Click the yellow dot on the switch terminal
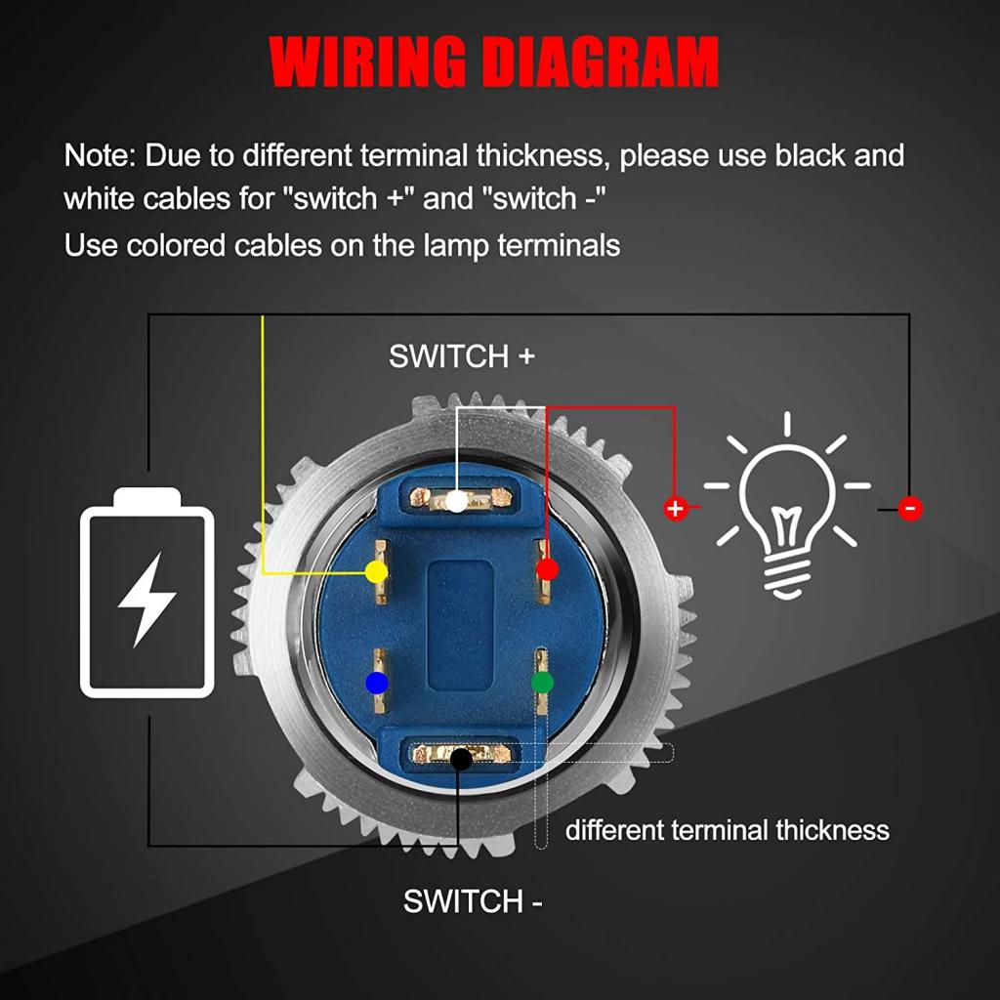point(376,571)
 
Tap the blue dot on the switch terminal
point(376,683)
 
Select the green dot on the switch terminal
point(542,683)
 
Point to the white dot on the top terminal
point(457,501)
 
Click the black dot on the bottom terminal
point(461,759)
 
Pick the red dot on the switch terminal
point(547,569)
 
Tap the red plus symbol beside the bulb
point(676,508)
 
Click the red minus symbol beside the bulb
point(911,508)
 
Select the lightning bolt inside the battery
point(147,600)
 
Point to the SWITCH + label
point(462,355)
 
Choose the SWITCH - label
point(473,901)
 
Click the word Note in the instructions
point(100,155)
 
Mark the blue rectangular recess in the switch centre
point(461,627)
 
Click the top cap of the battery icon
point(146,497)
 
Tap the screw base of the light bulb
point(786,578)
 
